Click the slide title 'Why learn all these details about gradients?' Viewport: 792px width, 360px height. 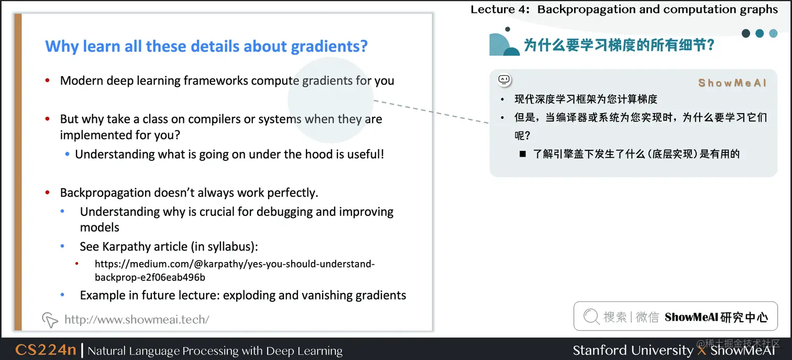[x=206, y=46]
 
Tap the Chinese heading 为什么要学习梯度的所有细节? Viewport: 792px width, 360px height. [x=619, y=45]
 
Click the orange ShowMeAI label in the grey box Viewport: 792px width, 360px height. [x=732, y=83]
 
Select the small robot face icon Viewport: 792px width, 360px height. [x=504, y=80]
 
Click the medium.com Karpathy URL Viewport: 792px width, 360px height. [x=234, y=270]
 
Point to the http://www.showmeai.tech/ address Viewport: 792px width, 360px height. [x=136, y=319]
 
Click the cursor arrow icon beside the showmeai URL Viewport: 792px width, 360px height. [x=50, y=319]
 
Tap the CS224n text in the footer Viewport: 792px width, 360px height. [x=46, y=350]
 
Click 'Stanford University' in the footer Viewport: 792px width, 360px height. [x=632, y=350]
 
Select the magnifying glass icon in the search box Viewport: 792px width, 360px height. [x=591, y=317]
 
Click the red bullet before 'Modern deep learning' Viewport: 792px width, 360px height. [x=48, y=81]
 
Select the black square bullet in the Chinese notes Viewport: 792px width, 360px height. [x=522, y=154]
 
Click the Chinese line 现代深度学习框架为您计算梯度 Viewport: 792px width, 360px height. [x=586, y=99]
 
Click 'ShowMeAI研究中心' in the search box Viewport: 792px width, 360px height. [x=716, y=317]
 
